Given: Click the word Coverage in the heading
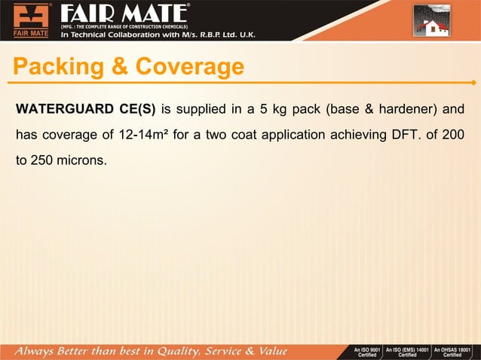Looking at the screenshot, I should pos(190,67).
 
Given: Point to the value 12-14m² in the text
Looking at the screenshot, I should pos(142,135).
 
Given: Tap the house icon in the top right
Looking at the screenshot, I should pos(432,21).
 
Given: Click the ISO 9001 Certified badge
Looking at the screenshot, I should pos(367,352).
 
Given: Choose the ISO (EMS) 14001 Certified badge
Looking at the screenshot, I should pos(407,352).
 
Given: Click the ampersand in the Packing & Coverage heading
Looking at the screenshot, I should pos(121,67).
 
